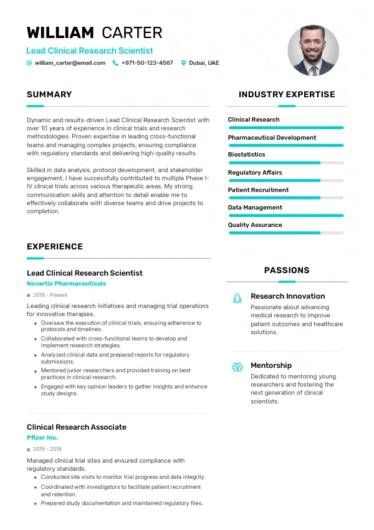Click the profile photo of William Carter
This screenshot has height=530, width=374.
pos(313,51)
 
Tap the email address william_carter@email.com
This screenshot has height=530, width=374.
pos(70,63)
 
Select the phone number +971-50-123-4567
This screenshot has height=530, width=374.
pos(147,63)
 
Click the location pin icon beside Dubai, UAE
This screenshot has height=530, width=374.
pos(183,63)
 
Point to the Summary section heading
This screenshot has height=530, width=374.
pos(49,95)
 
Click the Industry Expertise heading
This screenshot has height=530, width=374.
pos(287,95)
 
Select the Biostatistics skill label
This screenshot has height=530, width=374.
pos(246,155)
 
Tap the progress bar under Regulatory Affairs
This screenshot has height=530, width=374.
pos(286,180)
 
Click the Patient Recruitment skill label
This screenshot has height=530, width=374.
pos(258,190)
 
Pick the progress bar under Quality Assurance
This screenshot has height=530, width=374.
pos(286,233)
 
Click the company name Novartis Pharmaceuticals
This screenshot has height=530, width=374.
pos(66,284)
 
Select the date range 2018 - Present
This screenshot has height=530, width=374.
pos(50,295)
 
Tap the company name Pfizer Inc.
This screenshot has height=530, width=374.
pos(42,438)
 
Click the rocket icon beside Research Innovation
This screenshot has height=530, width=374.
pos(237,299)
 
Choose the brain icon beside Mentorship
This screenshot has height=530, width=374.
pos(237,367)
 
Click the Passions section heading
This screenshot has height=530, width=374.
pos(287,271)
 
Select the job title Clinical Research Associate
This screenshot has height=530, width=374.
pos(77,427)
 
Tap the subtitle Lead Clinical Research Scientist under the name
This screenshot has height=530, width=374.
pos(90,51)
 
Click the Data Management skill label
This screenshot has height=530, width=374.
pos(255,208)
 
